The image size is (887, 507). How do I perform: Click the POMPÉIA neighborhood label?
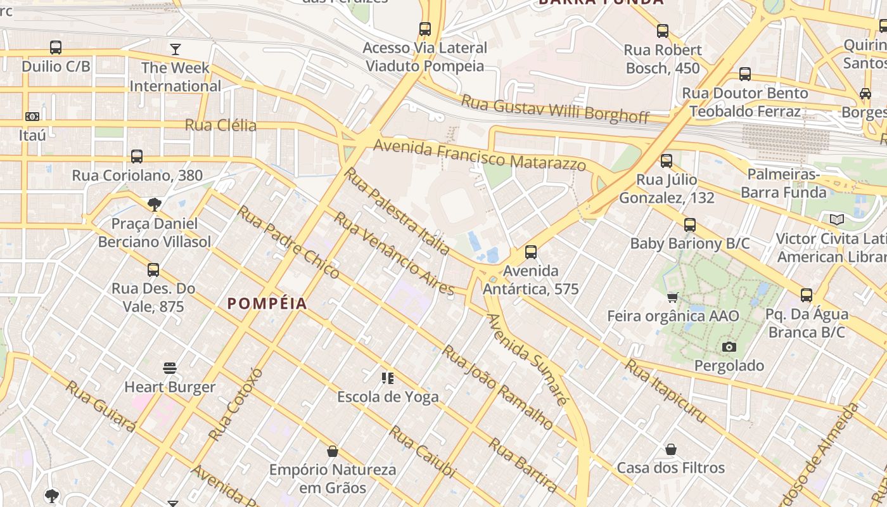(x=267, y=304)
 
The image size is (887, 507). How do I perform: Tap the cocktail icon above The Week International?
(x=175, y=49)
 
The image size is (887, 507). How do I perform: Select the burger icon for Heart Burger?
(x=170, y=368)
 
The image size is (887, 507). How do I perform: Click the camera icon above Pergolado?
(x=729, y=347)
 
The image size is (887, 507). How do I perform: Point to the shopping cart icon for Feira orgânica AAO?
(x=673, y=297)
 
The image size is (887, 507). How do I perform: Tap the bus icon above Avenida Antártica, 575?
(x=531, y=252)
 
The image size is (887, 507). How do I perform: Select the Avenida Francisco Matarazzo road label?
(x=480, y=155)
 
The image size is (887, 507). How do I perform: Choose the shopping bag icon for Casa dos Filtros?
(x=671, y=449)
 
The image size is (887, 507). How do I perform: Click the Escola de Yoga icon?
(x=388, y=378)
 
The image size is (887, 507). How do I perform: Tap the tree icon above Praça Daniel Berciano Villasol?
(x=154, y=204)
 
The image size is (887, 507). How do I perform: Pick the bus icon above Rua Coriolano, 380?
(x=136, y=157)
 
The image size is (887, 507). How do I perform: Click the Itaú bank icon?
(x=32, y=117)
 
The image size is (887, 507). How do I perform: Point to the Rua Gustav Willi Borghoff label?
(x=555, y=108)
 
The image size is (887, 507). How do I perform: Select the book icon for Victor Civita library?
(x=837, y=220)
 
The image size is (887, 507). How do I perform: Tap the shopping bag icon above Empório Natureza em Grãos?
(x=332, y=451)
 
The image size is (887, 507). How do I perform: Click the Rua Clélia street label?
(x=220, y=125)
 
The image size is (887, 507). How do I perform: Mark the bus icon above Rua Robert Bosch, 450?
(x=663, y=30)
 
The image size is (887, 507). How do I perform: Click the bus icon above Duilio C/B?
(x=56, y=48)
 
